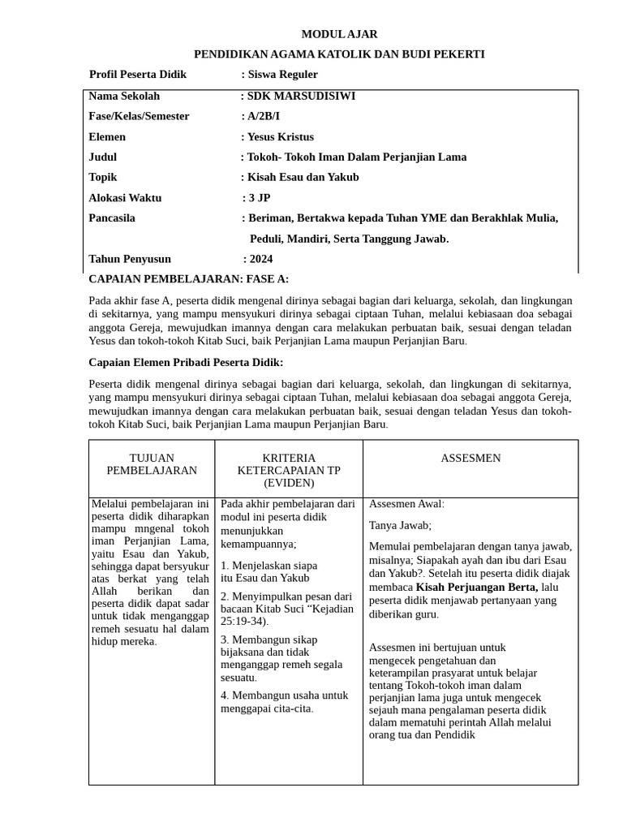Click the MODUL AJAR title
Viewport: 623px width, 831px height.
[x=339, y=34]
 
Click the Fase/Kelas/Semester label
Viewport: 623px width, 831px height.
[x=139, y=116]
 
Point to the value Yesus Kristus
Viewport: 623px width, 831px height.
[x=280, y=136]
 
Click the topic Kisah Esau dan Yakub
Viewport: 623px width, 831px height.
[x=303, y=177]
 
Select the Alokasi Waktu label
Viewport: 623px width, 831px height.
[x=125, y=197]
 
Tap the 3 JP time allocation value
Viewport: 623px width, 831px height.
[x=259, y=197]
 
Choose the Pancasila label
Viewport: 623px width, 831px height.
[x=112, y=217]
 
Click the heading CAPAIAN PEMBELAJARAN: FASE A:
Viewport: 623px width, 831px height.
[x=188, y=279]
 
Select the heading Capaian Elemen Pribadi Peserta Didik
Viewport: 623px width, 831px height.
[x=186, y=362]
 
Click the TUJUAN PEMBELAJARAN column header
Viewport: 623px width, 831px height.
[x=152, y=464]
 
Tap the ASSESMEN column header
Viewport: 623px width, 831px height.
[x=470, y=459]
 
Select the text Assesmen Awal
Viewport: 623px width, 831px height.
[x=406, y=504]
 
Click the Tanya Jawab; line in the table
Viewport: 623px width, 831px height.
[x=400, y=525]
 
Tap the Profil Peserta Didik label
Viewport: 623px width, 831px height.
[x=138, y=75]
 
